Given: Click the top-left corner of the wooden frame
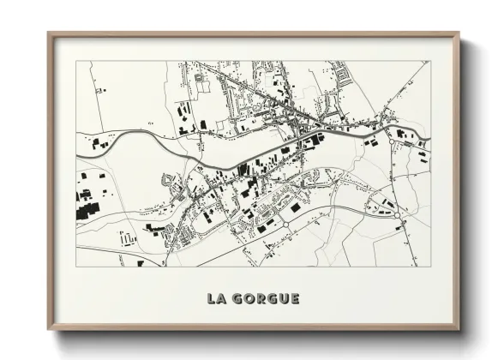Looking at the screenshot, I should pyautogui.click(x=48, y=33).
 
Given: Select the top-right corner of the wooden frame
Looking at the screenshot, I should pyautogui.click(x=459, y=33).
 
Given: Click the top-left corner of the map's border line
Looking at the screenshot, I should pyautogui.click(x=76, y=61).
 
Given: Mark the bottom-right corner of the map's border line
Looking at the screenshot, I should pyautogui.click(x=430, y=267).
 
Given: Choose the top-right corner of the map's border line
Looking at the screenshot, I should pyautogui.click(x=430, y=61).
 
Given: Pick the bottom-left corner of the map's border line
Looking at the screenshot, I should pyautogui.click(x=76, y=267).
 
